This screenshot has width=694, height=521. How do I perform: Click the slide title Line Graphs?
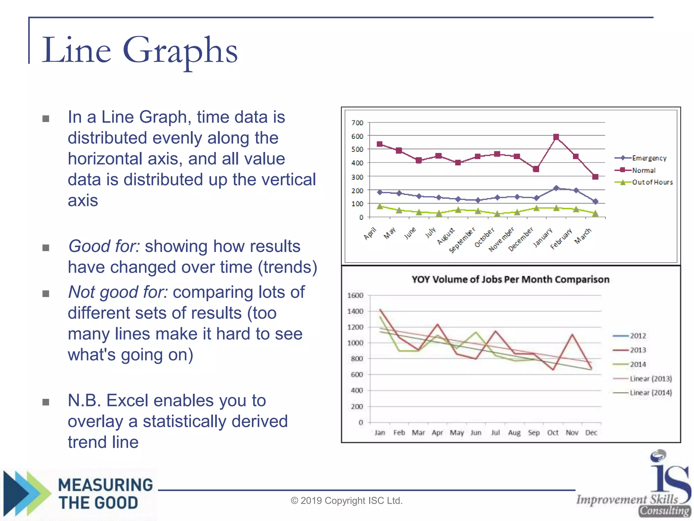(139, 51)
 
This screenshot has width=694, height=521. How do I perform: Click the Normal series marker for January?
(556, 137)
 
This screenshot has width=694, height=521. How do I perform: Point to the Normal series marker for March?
(595, 177)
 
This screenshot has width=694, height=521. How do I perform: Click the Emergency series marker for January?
(556, 188)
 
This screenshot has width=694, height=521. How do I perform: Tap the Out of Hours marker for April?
(380, 206)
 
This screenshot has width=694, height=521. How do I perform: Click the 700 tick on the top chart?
(357, 123)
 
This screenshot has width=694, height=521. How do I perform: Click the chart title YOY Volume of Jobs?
(510, 279)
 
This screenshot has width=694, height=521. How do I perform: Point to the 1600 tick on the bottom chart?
(355, 295)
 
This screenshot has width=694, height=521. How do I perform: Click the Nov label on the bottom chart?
(572, 433)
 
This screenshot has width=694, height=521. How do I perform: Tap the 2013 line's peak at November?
(572, 334)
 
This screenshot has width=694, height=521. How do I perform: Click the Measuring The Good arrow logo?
(27, 494)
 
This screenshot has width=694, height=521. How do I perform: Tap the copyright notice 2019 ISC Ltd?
(346, 501)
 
